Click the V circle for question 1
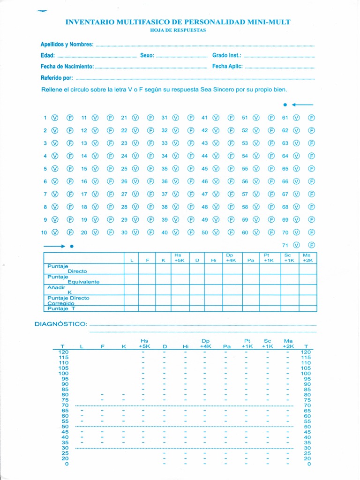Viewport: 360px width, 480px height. pos(54,118)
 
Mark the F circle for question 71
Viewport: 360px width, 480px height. pos(311,245)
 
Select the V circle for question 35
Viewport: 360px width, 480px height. pos(176,169)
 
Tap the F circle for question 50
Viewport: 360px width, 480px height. pos(231,232)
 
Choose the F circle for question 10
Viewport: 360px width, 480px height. pos(70,232)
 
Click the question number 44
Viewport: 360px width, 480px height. pos(204,156)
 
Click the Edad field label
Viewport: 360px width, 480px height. pos(48,55)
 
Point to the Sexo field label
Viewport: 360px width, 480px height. pos(147,55)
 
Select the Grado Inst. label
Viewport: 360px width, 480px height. pos(226,55)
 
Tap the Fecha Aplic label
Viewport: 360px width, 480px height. pos(227,66)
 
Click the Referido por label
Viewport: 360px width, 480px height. pos(57,78)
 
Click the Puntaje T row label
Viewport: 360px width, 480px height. pos(61,308)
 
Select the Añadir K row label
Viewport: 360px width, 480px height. pos(59,290)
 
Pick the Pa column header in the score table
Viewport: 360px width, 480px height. pos(251,260)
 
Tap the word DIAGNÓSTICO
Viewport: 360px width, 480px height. pos(60,324)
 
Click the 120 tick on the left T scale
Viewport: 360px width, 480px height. pos(63,352)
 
